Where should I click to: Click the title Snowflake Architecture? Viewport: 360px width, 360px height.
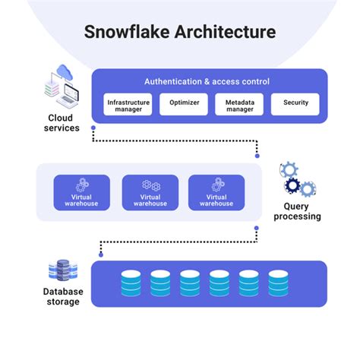coord(179,33)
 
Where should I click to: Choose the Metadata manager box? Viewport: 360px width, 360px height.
coord(238,104)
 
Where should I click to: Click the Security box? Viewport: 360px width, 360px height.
coord(295,104)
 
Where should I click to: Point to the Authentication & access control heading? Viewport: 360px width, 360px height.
coord(207,81)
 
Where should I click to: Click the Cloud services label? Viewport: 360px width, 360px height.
coord(64,122)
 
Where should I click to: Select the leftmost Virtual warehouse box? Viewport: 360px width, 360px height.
coord(81,193)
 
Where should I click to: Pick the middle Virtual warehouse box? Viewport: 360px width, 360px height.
coord(150,193)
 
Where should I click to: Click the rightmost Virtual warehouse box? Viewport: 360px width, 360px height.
coord(216,193)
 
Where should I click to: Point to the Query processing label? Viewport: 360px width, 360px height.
coord(302,210)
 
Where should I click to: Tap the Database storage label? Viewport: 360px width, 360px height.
coord(63,296)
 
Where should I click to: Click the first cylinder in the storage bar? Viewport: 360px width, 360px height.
coord(131,283)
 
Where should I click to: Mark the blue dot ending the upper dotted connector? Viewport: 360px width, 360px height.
coord(257,155)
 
